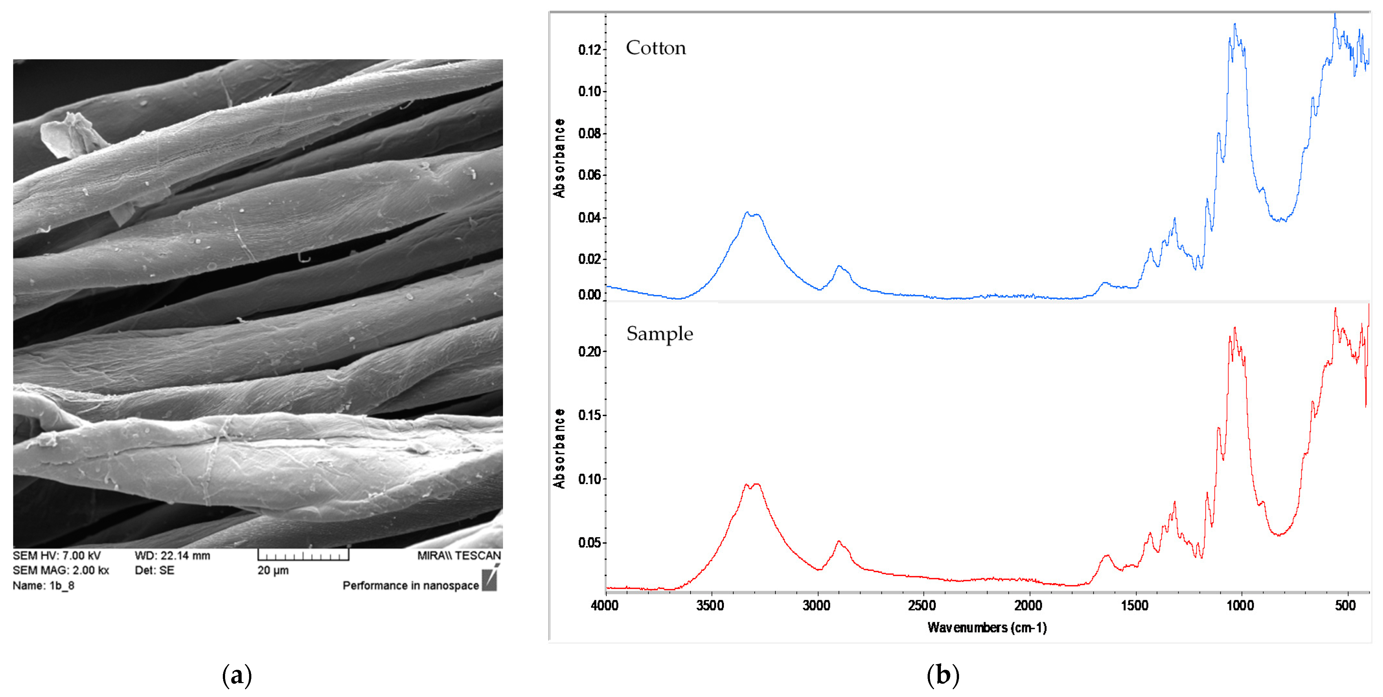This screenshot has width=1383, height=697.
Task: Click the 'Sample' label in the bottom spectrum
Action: [x=659, y=334]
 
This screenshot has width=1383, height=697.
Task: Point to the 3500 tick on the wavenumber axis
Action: [x=710, y=605]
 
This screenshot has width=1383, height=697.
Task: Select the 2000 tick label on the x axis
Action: [x=1028, y=605]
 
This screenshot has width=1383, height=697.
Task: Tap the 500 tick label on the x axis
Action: [x=1345, y=605]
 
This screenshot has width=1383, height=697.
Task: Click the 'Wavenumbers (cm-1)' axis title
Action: [x=987, y=627]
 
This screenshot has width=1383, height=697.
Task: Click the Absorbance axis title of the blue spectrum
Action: [x=559, y=158]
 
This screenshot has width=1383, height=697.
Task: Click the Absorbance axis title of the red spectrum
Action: [x=559, y=449]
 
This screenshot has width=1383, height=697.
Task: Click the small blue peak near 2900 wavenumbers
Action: [x=839, y=267]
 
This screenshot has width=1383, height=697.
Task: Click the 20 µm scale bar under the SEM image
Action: [x=303, y=555]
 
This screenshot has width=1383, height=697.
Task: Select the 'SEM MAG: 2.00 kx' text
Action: [x=61, y=570]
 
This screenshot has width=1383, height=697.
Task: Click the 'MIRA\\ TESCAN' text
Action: [x=459, y=555]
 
